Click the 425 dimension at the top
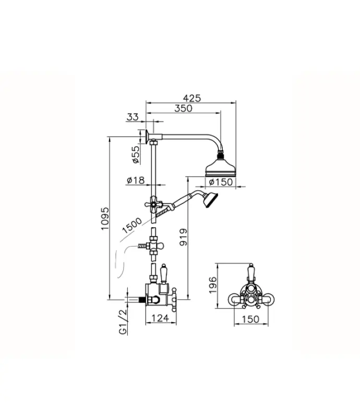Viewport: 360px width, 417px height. (x=191, y=97)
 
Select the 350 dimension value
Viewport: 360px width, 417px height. (x=184, y=108)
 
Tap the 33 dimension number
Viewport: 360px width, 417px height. (x=133, y=117)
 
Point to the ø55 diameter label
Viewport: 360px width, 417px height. (x=135, y=155)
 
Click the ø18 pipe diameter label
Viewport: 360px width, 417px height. (x=135, y=180)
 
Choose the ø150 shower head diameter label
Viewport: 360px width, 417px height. (x=220, y=181)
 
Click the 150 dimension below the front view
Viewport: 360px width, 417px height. (x=251, y=317)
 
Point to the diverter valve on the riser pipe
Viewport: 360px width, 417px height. (x=153, y=244)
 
